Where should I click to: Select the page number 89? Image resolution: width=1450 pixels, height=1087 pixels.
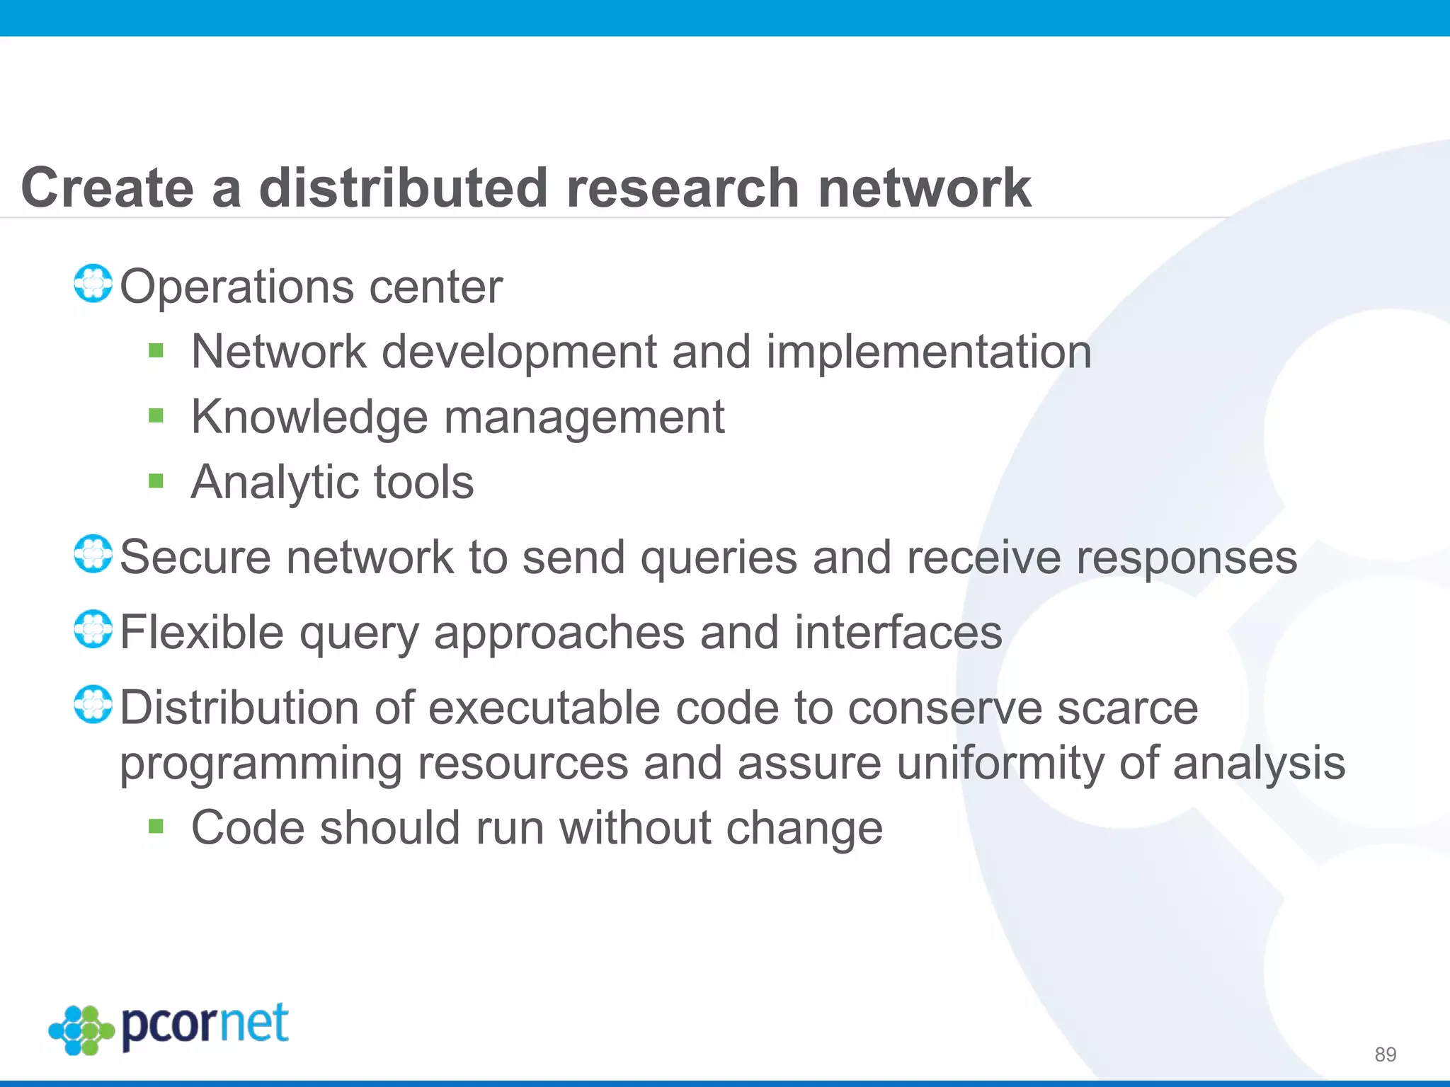pyautogui.click(x=1385, y=1054)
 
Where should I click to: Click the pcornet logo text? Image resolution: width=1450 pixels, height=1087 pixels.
pyautogui.click(x=205, y=1025)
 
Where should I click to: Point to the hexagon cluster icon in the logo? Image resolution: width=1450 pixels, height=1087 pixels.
pyautogui.click(x=81, y=1030)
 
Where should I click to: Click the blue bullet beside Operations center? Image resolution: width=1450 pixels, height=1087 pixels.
pyautogui.click(x=93, y=283)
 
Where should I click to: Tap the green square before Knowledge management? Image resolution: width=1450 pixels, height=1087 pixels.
pyautogui.click(x=156, y=415)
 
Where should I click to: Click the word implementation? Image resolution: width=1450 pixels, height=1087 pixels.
pyautogui.click(x=929, y=352)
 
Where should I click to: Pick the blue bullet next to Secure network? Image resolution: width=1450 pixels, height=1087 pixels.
pyautogui.click(x=93, y=554)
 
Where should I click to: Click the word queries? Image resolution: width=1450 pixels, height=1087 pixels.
pyautogui.click(x=719, y=558)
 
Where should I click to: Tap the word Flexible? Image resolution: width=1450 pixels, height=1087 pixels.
pyautogui.click(x=202, y=632)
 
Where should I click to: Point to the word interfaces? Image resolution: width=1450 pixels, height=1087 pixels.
pyautogui.click(x=898, y=632)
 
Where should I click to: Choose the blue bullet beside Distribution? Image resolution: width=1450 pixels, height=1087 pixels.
pyautogui.click(x=93, y=704)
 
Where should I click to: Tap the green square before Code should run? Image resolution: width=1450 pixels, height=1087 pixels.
pyautogui.click(x=156, y=826)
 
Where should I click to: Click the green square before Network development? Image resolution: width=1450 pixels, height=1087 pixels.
pyautogui.click(x=156, y=350)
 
